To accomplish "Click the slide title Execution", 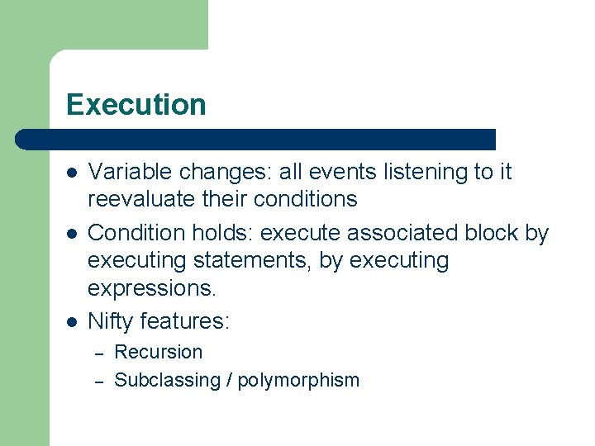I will pyautogui.click(x=136, y=105).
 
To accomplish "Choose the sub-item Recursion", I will pyautogui.click(x=158, y=352).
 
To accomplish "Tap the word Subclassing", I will pyautogui.click(x=167, y=381).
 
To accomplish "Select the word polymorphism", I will pyautogui.click(x=298, y=381).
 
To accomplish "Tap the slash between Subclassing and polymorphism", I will pyautogui.click(x=229, y=381).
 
